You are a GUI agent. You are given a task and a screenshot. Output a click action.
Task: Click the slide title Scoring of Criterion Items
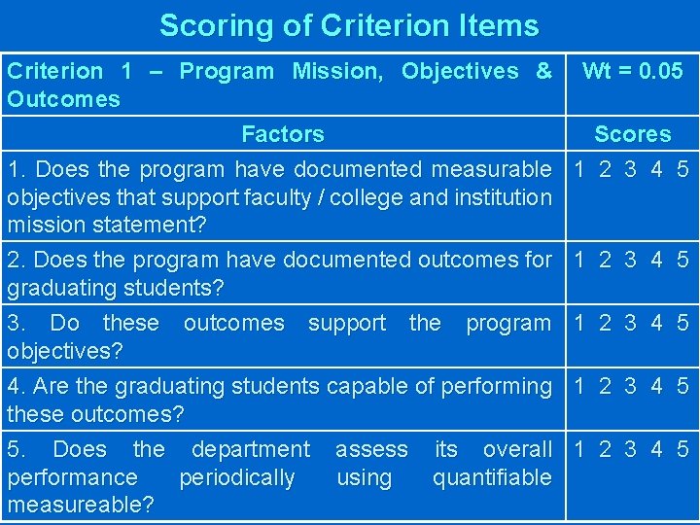[x=349, y=25]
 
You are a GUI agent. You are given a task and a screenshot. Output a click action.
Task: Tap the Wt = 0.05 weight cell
[x=632, y=71]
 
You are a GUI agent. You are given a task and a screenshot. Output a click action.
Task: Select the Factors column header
[x=283, y=134]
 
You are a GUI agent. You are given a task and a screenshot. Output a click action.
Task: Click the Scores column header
[x=632, y=134]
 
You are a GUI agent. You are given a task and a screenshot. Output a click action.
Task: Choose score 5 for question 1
[x=682, y=169]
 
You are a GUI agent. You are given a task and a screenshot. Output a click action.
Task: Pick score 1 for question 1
[x=580, y=169]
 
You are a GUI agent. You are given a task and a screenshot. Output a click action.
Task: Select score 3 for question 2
[x=630, y=260]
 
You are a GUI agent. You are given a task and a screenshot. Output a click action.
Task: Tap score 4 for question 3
[x=656, y=323]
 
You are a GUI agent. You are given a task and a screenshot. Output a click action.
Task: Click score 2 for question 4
[x=605, y=386]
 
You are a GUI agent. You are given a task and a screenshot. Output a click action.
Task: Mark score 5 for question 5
[x=682, y=449]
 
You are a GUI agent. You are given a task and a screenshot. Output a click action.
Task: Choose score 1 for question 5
[x=580, y=449]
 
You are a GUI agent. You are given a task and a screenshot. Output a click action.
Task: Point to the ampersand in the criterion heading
[x=543, y=71]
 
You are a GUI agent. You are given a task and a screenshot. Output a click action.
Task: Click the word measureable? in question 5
[x=80, y=506]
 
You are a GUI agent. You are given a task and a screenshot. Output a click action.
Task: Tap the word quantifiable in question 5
[x=492, y=477]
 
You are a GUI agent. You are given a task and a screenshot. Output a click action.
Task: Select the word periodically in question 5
[x=237, y=477]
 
